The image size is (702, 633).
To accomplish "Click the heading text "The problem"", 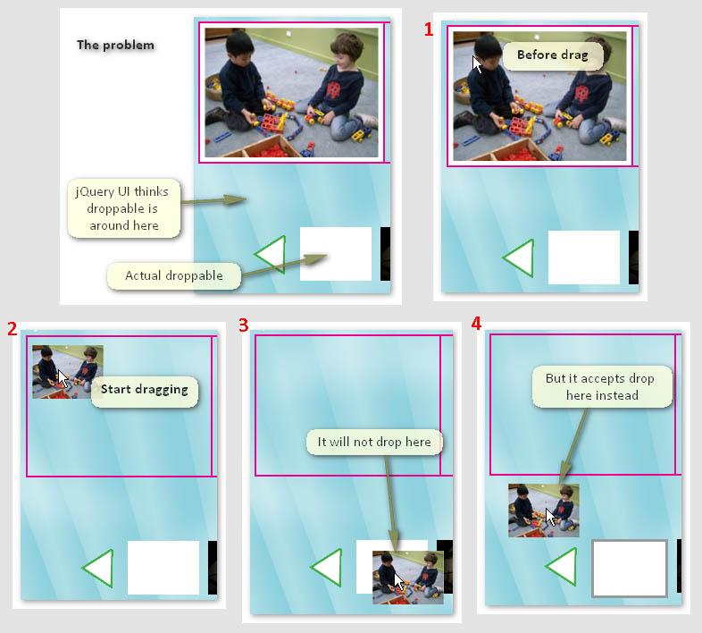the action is coord(115,45).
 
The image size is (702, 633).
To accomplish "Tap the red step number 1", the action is coord(429,30).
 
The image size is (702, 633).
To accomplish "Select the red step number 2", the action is coord(13,329).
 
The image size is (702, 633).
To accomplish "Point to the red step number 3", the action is coord(244,325).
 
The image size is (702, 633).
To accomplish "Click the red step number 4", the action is coord(476,324).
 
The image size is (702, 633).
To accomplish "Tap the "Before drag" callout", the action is coord(553,55).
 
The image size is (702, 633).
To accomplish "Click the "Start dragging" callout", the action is coord(145,391).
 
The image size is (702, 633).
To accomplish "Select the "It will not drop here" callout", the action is coord(374,443).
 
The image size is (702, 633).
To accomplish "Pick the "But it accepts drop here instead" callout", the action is coord(602,387).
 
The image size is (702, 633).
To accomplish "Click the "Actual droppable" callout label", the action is coord(173,275).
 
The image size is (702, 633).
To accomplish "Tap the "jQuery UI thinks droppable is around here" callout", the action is coord(124,208).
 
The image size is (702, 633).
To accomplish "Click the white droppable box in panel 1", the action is coord(584,257).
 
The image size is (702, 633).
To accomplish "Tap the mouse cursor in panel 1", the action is coord(477,64).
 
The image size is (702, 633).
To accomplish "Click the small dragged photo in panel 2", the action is coord(68,372).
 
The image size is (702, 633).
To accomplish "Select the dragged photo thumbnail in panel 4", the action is coord(544,511).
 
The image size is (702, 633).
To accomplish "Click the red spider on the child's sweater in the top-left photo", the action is coord(334,90).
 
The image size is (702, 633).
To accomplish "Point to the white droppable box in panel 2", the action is coord(163,568).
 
